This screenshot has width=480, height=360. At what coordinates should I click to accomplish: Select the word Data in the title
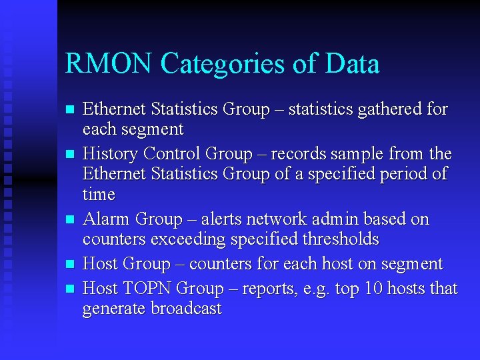pyautogui.click(x=353, y=65)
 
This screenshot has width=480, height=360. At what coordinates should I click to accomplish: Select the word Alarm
pyautogui.click(x=106, y=219)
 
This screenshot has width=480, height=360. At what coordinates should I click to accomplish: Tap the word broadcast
pyautogui.click(x=186, y=309)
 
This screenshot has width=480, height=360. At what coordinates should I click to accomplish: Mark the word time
pyautogui.click(x=99, y=195)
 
